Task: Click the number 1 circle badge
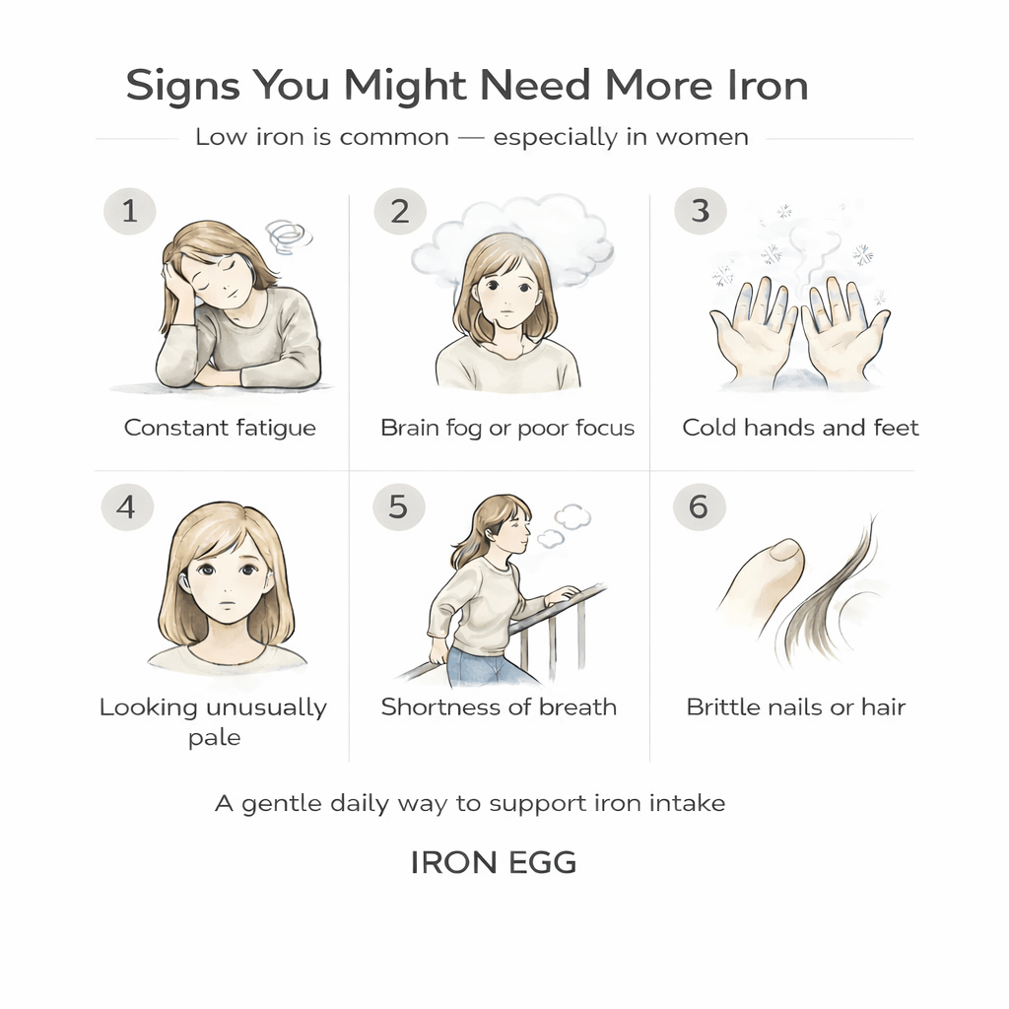pyautogui.click(x=129, y=211)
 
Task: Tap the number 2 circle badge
pyautogui.click(x=400, y=211)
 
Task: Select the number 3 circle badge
pyautogui.click(x=700, y=211)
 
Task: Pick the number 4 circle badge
pyautogui.click(x=126, y=506)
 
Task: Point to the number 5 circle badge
pyautogui.click(x=398, y=506)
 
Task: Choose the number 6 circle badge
pyautogui.click(x=699, y=506)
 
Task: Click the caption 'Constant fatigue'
pyautogui.click(x=220, y=428)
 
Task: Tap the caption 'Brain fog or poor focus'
pyautogui.click(x=507, y=428)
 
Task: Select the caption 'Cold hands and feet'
pyautogui.click(x=800, y=428)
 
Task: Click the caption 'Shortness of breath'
pyautogui.click(x=499, y=706)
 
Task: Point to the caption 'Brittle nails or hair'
pyautogui.click(x=796, y=706)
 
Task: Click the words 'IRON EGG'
pyautogui.click(x=493, y=863)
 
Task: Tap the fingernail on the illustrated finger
pyautogui.click(x=785, y=550)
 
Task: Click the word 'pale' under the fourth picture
pyautogui.click(x=214, y=737)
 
